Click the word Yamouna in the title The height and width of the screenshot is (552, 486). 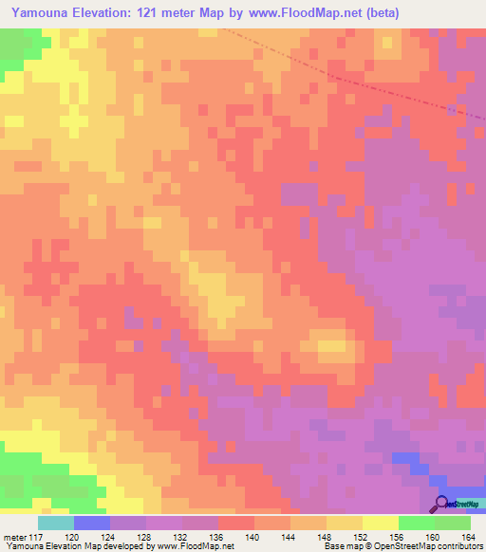coord(45,12)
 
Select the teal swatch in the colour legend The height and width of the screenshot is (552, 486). coord(56,523)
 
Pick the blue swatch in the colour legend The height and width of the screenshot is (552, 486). coord(92,523)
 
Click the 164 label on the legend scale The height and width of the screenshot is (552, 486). coord(465,537)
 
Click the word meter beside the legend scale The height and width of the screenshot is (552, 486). coord(14,537)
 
